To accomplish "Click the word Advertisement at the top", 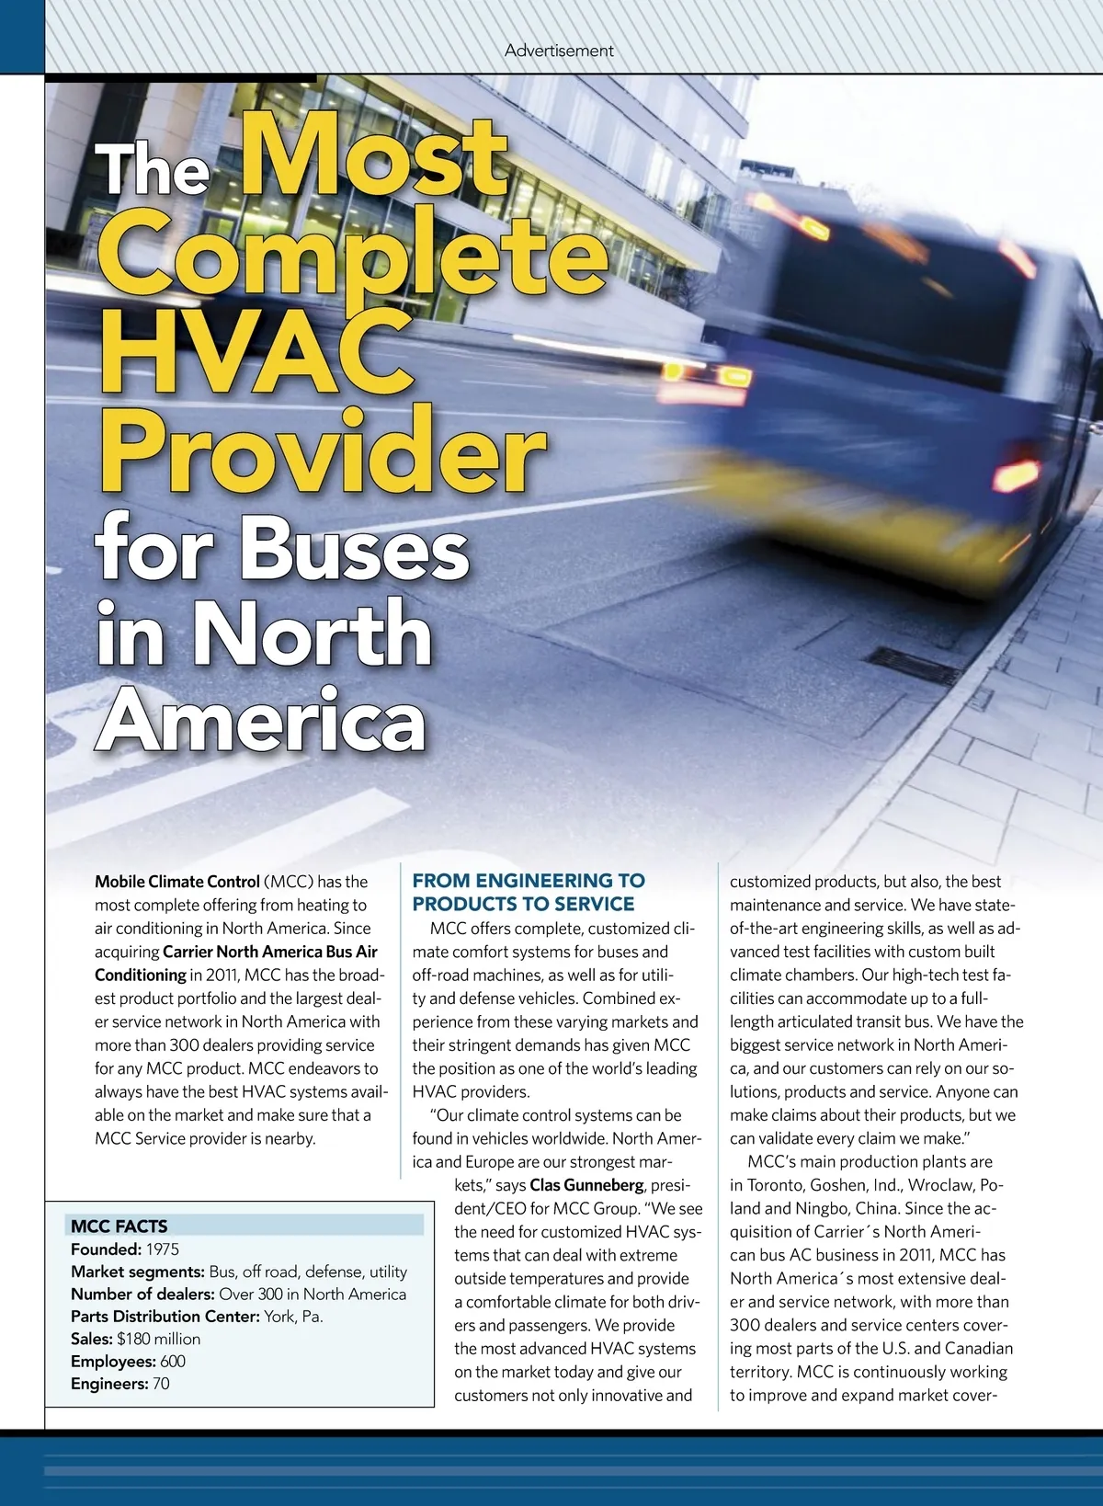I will [x=559, y=51].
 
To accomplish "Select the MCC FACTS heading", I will [x=119, y=1226].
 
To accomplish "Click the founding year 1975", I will [x=163, y=1249].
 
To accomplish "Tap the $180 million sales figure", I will [x=158, y=1339].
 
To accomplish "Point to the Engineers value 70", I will [x=161, y=1384].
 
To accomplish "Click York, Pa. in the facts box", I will [x=293, y=1316].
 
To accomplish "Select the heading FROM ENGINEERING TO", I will [x=529, y=881].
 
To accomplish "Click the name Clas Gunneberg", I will [x=586, y=1185].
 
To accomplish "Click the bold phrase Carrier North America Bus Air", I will [x=270, y=952].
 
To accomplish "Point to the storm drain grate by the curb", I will [x=914, y=666].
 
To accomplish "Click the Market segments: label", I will [x=138, y=1272].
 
